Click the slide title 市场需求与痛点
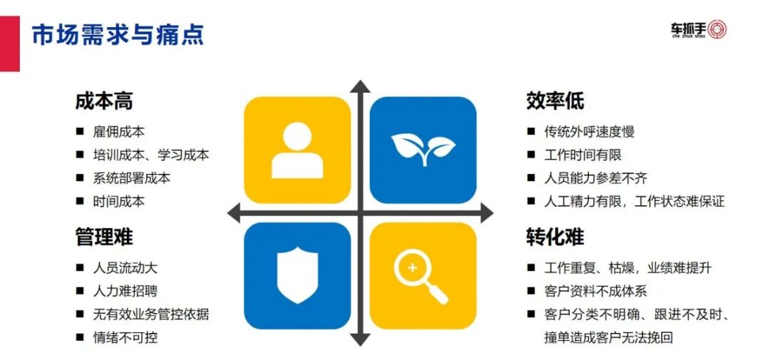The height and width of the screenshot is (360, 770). coord(118,34)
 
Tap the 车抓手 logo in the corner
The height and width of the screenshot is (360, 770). coord(698,30)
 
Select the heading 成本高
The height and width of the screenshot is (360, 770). coord(104,101)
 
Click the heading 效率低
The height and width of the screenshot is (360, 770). coord(555,101)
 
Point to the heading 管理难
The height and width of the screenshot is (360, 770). coord(104,237)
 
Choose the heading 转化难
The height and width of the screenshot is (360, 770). coord(555,237)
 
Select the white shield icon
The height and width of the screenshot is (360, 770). coord(297,274)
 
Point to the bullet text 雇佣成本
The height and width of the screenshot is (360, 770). coord(119,132)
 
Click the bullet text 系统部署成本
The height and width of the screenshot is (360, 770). coord(132,178)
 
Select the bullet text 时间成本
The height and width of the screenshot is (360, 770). coord(119,202)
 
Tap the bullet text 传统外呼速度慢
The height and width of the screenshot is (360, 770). coord(589,132)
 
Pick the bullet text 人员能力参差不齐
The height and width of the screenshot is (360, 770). coord(596,178)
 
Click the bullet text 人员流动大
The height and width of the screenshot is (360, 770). coord(125,268)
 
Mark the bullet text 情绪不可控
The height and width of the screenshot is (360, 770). coord(125,337)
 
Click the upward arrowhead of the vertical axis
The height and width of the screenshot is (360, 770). coord(361,87)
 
